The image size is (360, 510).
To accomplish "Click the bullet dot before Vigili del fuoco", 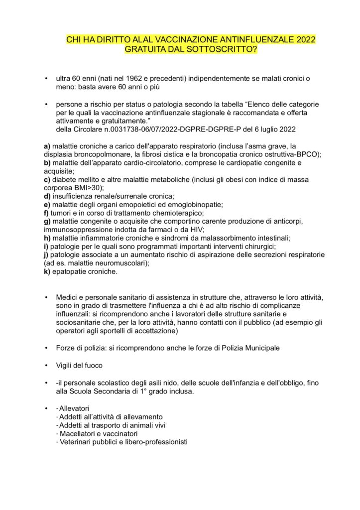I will tap(46, 366).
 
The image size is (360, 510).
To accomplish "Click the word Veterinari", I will tap(77, 442).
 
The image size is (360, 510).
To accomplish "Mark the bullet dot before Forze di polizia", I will tap(46, 347).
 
